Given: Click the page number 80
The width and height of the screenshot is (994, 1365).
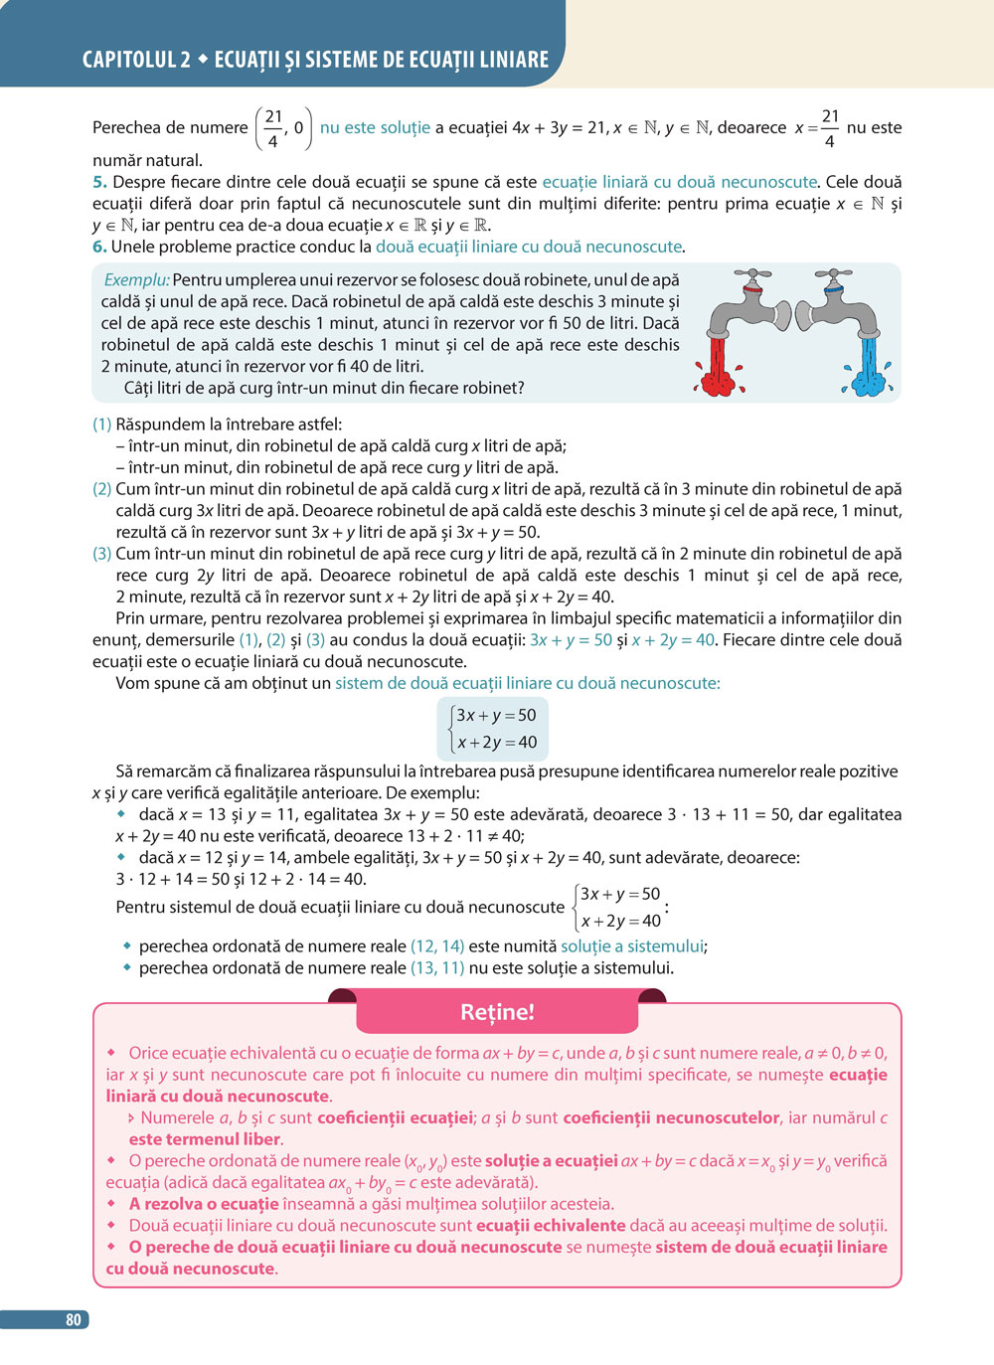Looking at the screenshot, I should pos(73,1319).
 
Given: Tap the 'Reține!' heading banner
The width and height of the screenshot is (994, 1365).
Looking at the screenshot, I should pos(497,1012).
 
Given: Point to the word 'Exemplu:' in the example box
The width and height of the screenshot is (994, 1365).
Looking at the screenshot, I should pos(136,280).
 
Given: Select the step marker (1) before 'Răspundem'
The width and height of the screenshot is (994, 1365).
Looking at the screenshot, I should pos(101,425).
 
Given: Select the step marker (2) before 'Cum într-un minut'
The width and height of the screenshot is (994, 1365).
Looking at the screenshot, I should pos(101,489).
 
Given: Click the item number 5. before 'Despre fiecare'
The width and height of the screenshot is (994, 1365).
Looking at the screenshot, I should pos(99,182).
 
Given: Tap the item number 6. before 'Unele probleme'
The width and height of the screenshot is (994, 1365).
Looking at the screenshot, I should pos(99,247).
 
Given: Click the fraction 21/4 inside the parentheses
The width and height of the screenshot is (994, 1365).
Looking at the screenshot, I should pos(273,128).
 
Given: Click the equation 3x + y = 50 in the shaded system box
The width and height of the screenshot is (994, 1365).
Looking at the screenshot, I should pos(495,715).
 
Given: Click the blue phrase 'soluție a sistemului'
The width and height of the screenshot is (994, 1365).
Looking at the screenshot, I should pos(632,946).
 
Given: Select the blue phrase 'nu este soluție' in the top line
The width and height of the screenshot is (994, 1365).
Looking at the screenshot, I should pos(375,127).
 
